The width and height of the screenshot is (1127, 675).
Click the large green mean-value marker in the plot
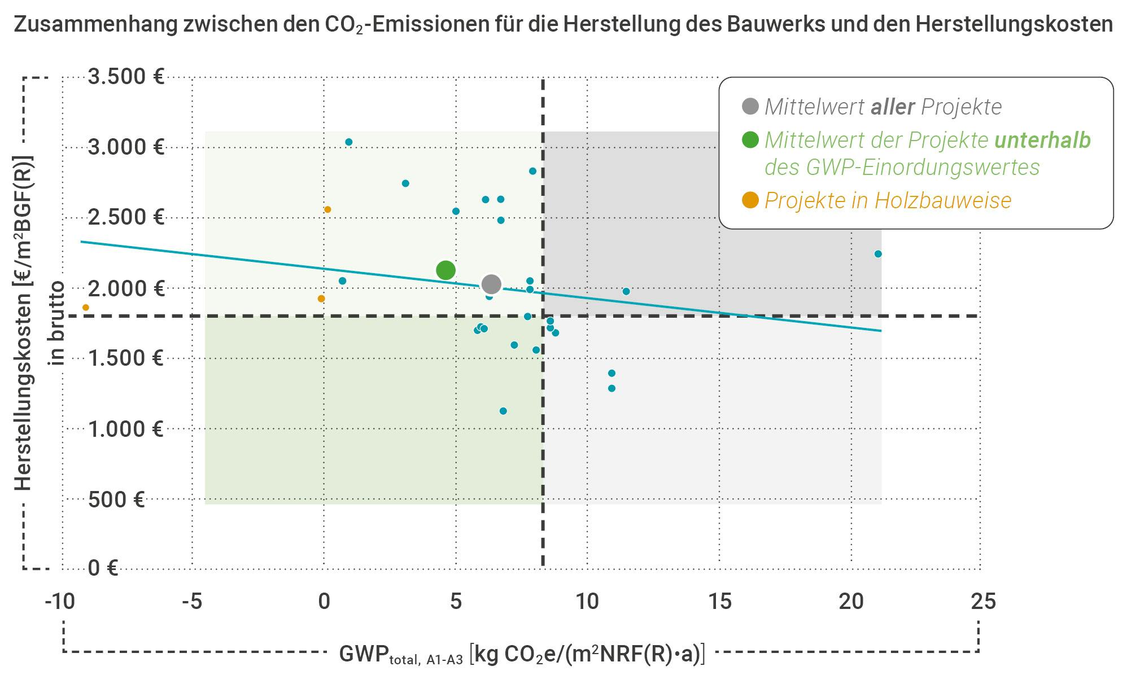coord(445,270)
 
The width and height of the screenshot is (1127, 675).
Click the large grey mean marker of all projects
coord(491,284)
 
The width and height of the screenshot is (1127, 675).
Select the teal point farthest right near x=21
coord(877,254)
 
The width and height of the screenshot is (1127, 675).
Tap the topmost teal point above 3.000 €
coord(348,142)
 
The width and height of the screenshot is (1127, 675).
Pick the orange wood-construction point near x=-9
coord(86,308)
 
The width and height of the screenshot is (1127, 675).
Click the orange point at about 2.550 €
coord(327,209)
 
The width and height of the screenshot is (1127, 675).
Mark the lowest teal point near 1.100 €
coord(503,411)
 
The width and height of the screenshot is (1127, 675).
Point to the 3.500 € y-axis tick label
coord(126,76)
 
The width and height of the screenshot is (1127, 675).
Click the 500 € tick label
coord(116,499)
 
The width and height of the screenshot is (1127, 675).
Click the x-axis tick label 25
coord(983,602)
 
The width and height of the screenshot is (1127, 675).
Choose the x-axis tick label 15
coord(719,602)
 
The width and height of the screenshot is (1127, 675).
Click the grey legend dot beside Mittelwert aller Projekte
coord(750,107)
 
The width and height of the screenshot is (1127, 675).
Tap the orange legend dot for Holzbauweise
coord(750,200)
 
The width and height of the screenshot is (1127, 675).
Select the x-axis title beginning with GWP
coord(522,654)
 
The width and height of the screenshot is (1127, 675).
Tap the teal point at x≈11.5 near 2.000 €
coord(626,292)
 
